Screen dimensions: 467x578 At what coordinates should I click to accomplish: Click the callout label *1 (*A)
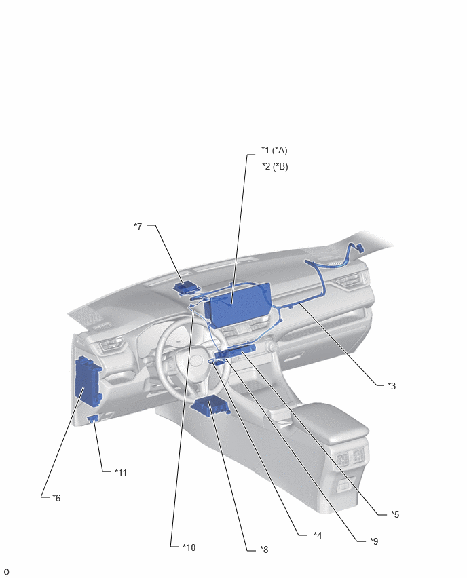[274, 150]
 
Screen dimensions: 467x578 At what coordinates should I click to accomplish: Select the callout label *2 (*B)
[275, 166]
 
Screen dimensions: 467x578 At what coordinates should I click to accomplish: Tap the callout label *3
[392, 385]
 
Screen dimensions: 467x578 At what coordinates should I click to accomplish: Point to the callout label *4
[318, 535]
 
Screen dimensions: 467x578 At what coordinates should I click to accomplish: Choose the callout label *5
[395, 514]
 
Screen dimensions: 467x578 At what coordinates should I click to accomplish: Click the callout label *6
[56, 498]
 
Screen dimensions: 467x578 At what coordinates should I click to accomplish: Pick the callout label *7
[138, 226]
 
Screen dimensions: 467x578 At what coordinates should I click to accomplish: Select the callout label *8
[264, 550]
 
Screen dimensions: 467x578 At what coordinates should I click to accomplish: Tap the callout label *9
[374, 541]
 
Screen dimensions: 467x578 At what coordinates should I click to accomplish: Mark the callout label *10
[189, 547]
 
